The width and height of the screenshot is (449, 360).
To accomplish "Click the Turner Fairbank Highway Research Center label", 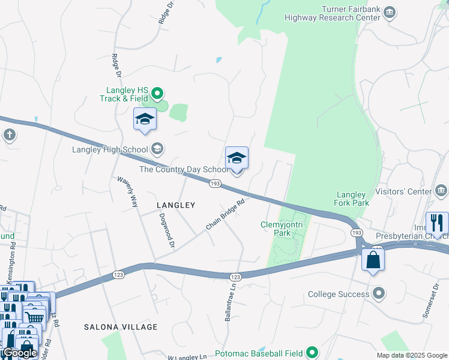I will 351,13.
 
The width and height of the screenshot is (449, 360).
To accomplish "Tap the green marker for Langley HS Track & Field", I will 157,93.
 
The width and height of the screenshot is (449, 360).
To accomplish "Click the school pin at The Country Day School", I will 237,158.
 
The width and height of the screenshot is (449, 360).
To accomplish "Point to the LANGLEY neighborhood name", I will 176,205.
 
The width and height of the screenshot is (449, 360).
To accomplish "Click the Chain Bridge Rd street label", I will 226,214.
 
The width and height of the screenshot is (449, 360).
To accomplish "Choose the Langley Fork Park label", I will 351,199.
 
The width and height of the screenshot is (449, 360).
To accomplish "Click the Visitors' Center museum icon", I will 442,191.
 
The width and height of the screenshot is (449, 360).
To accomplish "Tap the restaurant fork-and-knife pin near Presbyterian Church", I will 437,223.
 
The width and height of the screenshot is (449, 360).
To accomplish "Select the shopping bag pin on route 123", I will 373,260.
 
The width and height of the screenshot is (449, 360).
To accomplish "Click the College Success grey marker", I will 379,294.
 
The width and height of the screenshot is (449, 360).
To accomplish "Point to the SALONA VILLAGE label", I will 121,327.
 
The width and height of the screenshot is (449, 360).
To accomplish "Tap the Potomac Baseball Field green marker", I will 312,352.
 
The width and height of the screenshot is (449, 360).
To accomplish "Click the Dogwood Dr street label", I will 167,231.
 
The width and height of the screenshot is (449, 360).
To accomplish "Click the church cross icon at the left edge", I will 9,134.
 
